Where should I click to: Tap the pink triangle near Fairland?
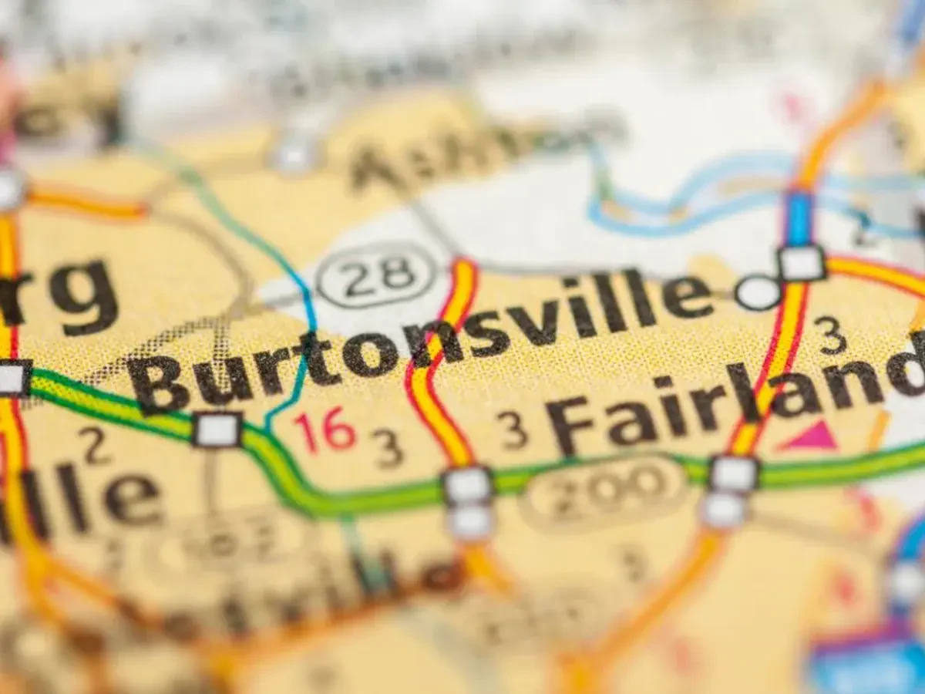pyautogui.click(x=808, y=437)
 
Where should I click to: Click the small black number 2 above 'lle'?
pyautogui.click(x=94, y=446)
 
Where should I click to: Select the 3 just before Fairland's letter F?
pyautogui.click(x=513, y=430)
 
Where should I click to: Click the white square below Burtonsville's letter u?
pyautogui.click(x=217, y=430)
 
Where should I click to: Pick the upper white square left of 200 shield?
pyautogui.click(x=467, y=486)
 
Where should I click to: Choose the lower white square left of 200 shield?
pyautogui.click(x=469, y=522)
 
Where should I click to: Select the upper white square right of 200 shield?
pyautogui.click(x=734, y=473)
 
